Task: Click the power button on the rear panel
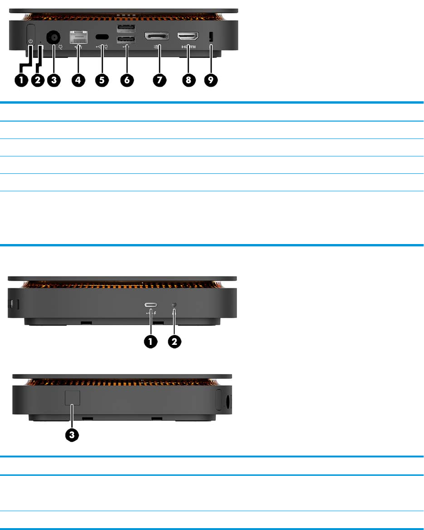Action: click(31, 35)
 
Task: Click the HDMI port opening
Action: click(187, 36)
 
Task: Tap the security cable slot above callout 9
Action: click(211, 36)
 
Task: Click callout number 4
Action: click(78, 80)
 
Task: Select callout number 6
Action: click(126, 80)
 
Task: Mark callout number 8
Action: click(188, 80)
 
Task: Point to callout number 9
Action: click(211, 80)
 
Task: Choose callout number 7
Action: click(160, 80)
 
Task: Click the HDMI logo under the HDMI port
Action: click(187, 47)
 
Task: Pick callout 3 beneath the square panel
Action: click(72, 435)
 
